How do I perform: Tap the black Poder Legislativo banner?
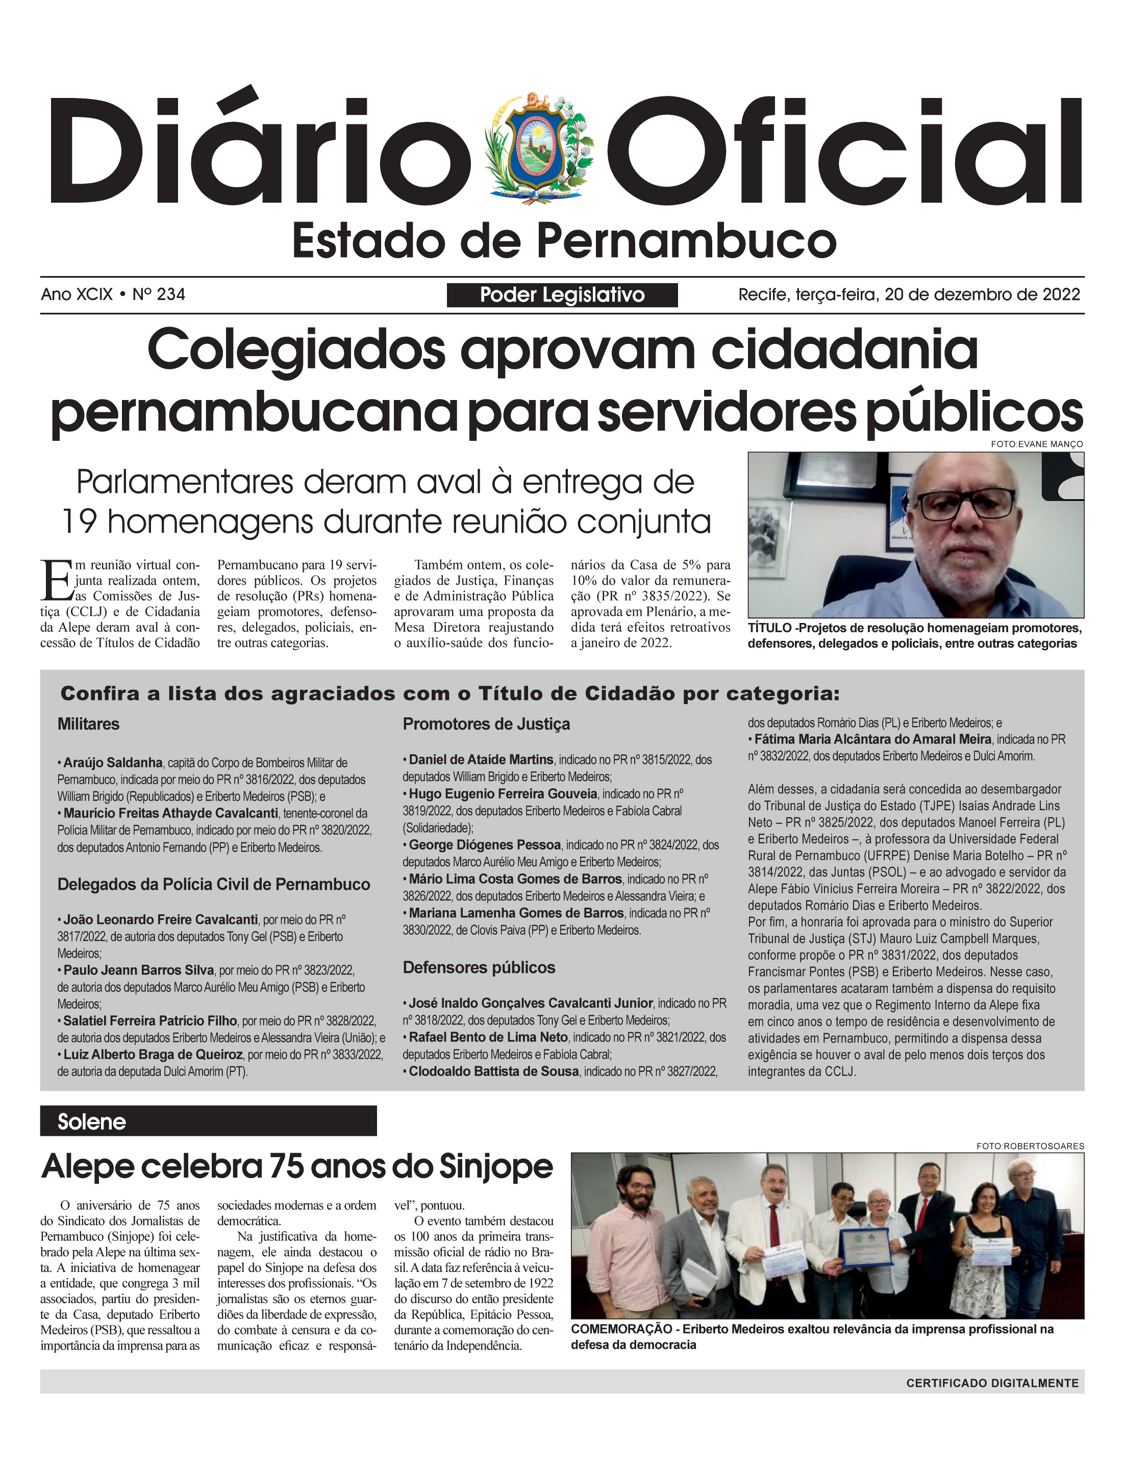click(x=562, y=295)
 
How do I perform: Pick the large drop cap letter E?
click(x=56, y=580)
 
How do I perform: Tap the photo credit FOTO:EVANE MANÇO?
click(x=1037, y=444)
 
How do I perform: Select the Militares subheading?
click(x=88, y=724)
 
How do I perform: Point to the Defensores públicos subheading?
click(x=479, y=968)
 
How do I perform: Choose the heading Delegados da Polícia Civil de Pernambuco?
click(x=214, y=884)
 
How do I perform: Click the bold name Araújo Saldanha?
click(x=112, y=762)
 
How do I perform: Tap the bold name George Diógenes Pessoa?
click(x=485, y=844)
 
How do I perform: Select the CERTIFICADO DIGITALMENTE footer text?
click(x=992, y=1383)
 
